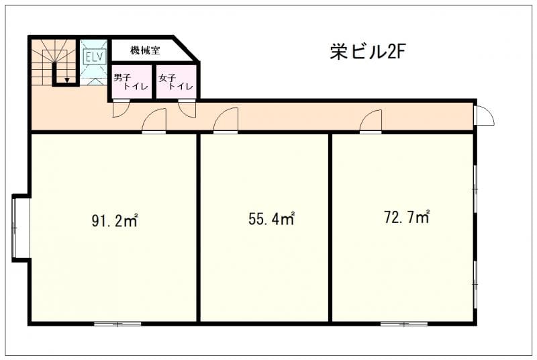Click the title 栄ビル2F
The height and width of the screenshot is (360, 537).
(368, 52)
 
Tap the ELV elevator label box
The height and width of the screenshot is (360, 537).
(95, 56)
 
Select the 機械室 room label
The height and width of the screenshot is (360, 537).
(145, 50)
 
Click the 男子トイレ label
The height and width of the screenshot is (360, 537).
(130, 82)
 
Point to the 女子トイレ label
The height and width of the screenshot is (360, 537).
(176, 82)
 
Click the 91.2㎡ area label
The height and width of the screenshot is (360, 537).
(115, 220)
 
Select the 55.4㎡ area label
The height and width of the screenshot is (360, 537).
(272, 219)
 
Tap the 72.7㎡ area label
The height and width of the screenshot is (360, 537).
(407, 217)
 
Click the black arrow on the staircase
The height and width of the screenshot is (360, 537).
(67, 80)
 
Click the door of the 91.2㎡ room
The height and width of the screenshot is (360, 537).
(154, 121)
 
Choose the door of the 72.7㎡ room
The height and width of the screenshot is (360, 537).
(371, 121)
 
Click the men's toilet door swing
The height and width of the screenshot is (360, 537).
(121, 108)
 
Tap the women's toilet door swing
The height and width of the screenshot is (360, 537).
(187, 109)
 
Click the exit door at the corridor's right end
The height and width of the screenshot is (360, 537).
(484, 116)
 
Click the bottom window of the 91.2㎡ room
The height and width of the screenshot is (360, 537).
(117, 324)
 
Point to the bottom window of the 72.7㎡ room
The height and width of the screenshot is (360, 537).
(404, 324)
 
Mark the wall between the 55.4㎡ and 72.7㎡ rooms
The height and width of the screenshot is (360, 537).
(330, 228)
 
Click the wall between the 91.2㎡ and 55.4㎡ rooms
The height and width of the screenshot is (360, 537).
(198, 228)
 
